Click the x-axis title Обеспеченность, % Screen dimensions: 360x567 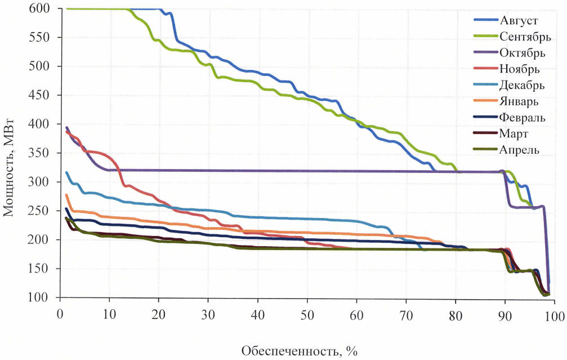pyautogui.click(x=300, y=351)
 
